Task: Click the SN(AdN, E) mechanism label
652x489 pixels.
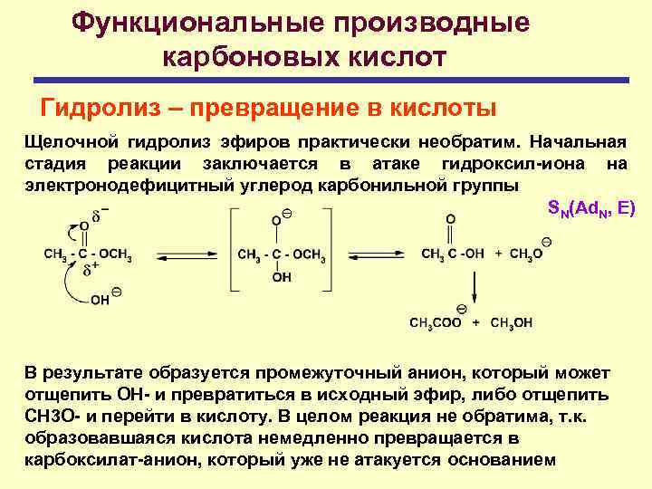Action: [x=592, y=208]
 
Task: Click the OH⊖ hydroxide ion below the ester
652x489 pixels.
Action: [x=105, y=298]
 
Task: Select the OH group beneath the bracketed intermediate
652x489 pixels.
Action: [x=282, y=277]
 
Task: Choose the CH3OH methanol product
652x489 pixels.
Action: [x=511, y=322]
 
